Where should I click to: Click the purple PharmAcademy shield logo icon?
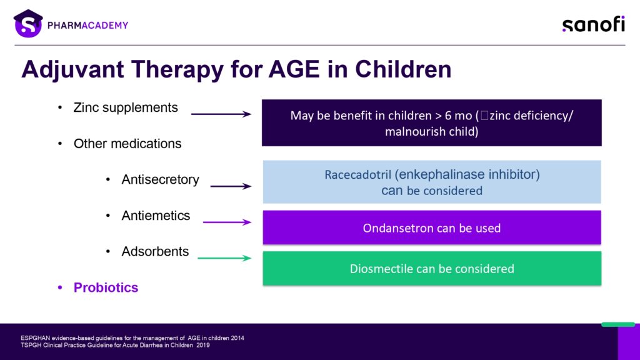point(28,24)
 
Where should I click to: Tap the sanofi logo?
point(594,24)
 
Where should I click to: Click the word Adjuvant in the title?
point(72,69)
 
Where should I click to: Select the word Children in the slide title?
point(403,69)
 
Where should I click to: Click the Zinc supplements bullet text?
point(126,107)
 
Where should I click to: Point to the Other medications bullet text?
point(127,144)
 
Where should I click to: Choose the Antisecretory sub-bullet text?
point(160,179)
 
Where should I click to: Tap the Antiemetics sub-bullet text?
point(156,216)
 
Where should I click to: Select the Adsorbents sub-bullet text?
point(155,251)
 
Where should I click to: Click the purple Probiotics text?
point(106,287)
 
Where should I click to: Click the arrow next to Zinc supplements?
point(221,114)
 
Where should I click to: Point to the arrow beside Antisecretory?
point(231,186)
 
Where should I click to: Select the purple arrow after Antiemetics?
point(227,222)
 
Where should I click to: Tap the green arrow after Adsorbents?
point(224,258)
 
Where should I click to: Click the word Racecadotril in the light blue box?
point(357,175)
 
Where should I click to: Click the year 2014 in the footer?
point(237,338)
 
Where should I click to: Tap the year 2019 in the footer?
point(203,345)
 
